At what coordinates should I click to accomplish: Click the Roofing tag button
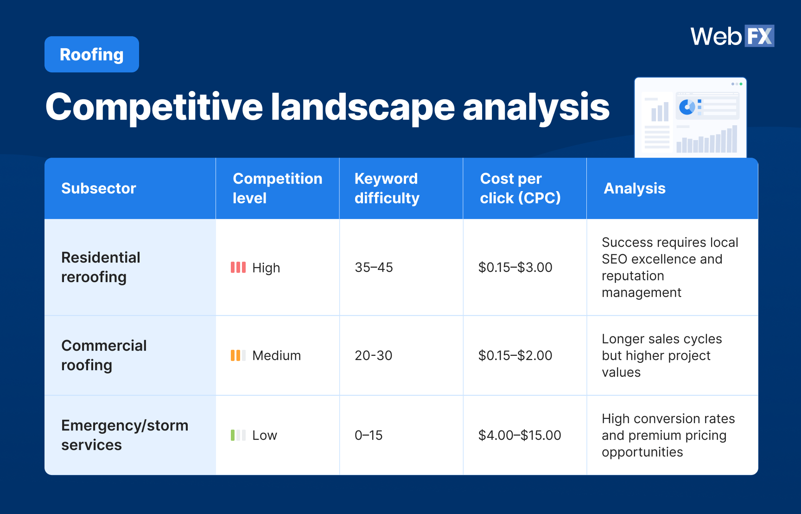tap(92, 55)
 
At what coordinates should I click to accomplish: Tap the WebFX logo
tap(731, 36)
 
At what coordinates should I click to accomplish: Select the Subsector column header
tap(99, 188)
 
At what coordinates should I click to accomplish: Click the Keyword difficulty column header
tap(387, 188)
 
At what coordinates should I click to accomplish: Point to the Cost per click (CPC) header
tap(520, 188)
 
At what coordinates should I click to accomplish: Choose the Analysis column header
tap(634, 188)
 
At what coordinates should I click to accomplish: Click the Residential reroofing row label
tap(101, 267)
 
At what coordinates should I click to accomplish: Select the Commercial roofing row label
tap(104, 355)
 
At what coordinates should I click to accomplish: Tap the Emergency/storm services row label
tap(124, 435)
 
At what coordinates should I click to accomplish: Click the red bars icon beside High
tap(238, 267)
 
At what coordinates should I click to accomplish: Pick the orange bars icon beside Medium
tap(238, 355)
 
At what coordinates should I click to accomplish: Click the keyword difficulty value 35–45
tap(374, 267)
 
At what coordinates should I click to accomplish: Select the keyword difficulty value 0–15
tap(369, 435)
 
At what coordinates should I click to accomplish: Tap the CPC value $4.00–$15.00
tap(519, 435)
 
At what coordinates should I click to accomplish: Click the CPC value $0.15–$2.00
tap(515, 355)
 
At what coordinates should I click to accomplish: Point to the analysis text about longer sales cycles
tap(661, 355)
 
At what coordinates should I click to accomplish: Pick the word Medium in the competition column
tap(276, 355)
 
